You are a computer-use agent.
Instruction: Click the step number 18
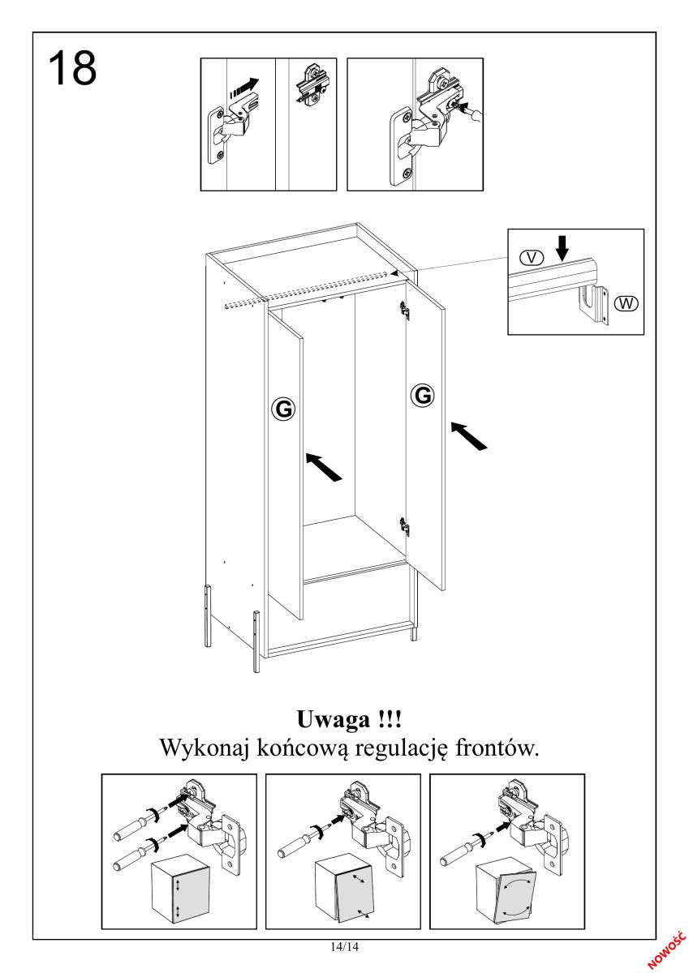(x=74, y=67)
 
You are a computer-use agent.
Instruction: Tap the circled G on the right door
(x=423, y=395)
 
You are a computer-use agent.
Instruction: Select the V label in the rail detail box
(x=532, y=257)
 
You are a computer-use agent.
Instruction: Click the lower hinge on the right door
(x=404, y=526)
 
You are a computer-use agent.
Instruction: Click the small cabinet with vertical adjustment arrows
(x=177, y=889)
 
